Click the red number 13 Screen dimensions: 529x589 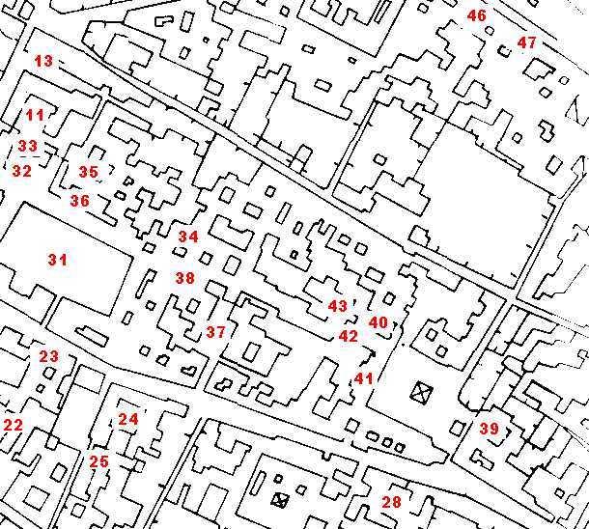pyautogui.click(x=43, y=61)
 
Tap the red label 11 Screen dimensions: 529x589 pyautogui.click(x=35, y=116)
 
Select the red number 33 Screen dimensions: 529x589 pyautogui.click(x=28, y=147)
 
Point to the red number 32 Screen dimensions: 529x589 pyautogui.click(x=21, y=171)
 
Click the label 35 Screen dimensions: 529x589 pyautogui.click(x=88, y=172)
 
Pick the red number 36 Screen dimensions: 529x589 pyautogui.click(x=79, y=201)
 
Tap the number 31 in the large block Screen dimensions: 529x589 pyautogui.click(x=58, y=259)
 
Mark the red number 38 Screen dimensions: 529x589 pyautogui.click(x=184, y=278)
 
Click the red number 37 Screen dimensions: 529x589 pyautogui.click(x=215, y=332)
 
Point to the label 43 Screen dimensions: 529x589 pyautogui.click(x=337, y=306)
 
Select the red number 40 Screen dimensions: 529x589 pyautogui.click(x=379, y=322)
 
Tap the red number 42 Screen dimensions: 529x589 pyautogui.click(x=348, y=337)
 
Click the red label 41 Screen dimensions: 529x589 pyautogui.click(x=363, y=378)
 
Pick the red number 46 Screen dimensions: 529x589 pyautogui.click(x=477, y=15)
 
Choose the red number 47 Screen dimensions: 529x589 pyautogui.click(x=526, y=42)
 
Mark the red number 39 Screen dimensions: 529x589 pyautogui.click(x=489, y=429)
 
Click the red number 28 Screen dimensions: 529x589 pyautogui.click(x=391, y=502)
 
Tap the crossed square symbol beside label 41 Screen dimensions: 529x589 pyautogui.click(x=420, y=391)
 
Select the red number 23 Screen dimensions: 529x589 pyautogui.click(x=48, y=356)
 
